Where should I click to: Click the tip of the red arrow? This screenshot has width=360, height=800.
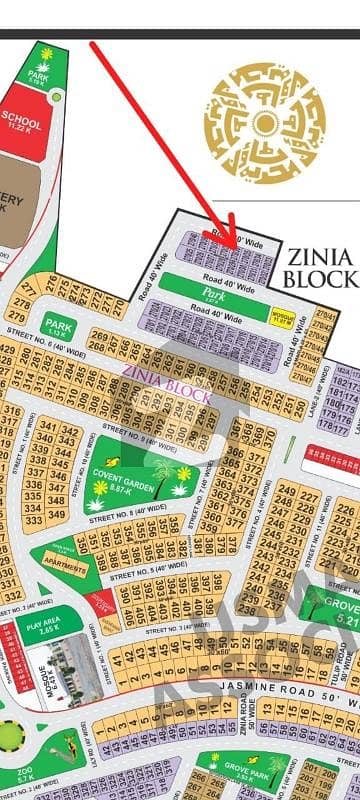point(236,246)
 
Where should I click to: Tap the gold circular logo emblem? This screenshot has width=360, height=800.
point(264,119)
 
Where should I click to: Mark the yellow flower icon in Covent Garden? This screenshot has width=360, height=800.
point(101,488)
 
